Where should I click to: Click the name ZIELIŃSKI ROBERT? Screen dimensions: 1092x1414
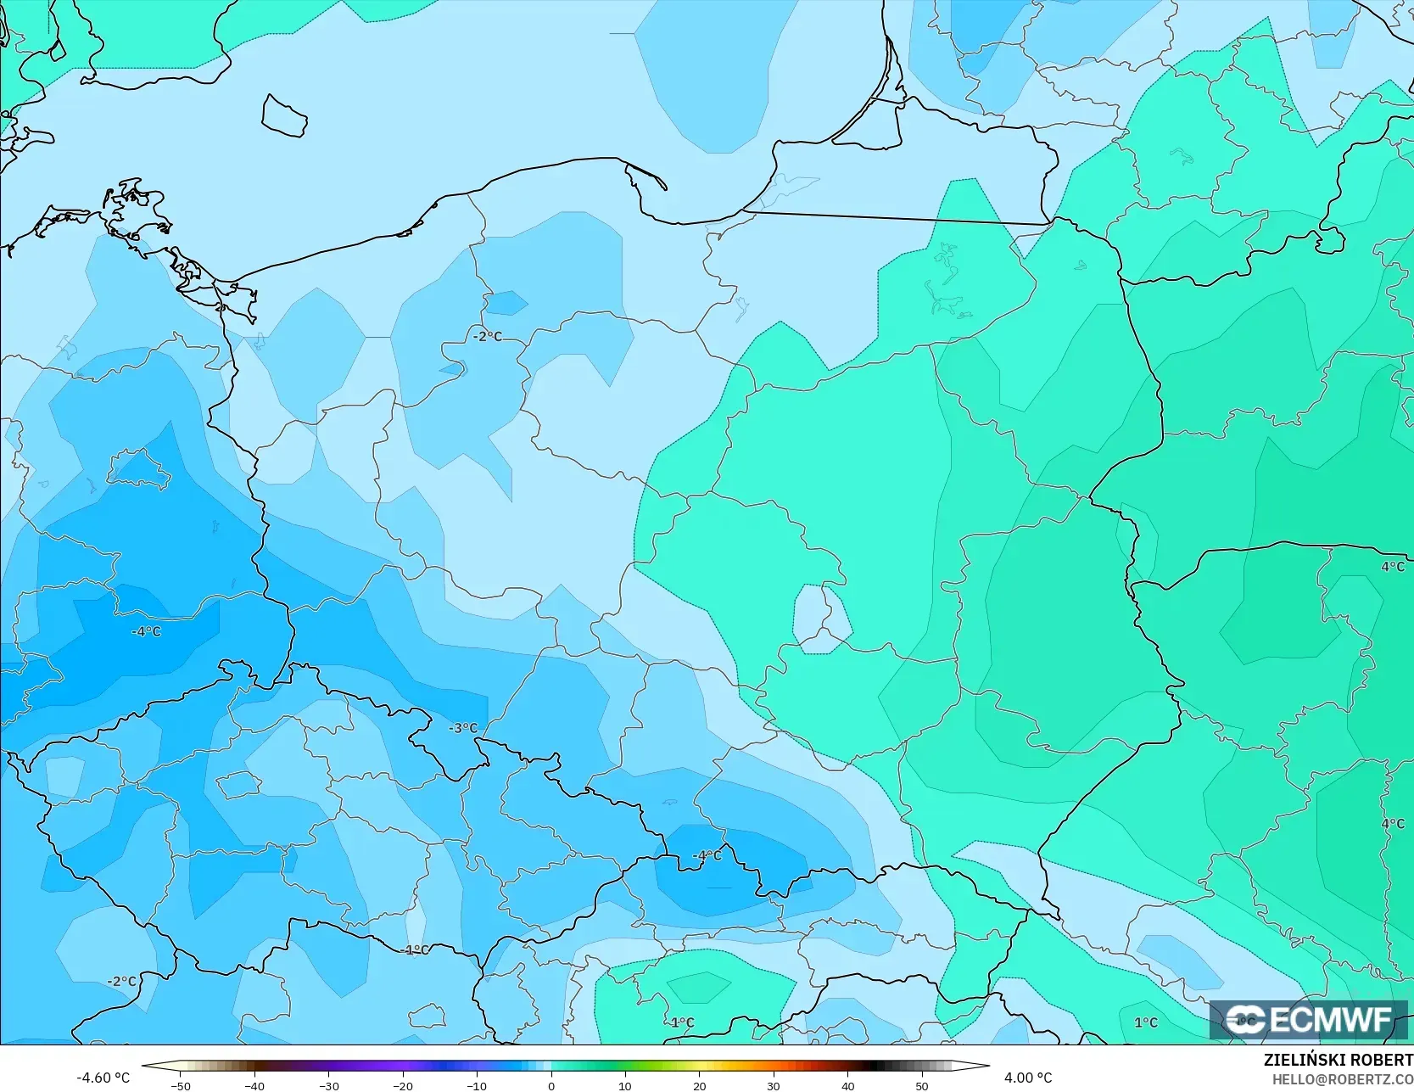(x=1338, y=1060)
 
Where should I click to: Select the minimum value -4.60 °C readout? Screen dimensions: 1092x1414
(x=103, y=1078)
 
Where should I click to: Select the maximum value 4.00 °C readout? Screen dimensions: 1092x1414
(x=1027, y=1078)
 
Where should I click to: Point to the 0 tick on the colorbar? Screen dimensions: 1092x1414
(x=551, y=1085)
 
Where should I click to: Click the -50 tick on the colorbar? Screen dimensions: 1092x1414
(x=180, y=1085)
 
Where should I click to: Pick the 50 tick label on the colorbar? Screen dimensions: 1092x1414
(x=922, y=1085)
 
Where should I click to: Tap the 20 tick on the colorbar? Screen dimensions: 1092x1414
(x=699, y=1085)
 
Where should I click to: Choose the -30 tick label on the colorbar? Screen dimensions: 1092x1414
(x=328, y=1085)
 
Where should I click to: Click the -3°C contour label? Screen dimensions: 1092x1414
(x=463, y=728)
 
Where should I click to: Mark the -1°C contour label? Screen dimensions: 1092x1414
(x=414, y=949)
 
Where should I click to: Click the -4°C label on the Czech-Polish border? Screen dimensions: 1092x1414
(x=707, y=855)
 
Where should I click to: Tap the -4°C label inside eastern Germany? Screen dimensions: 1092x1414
(x=146, y=631)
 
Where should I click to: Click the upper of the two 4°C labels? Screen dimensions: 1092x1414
(x=1392, y=566)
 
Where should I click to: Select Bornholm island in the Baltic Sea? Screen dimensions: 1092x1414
(x=284, y=115)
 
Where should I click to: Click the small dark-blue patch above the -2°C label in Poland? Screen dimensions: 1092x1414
(x=508, y=302)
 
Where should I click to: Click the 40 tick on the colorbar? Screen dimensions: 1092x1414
(x=847, y=1085)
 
